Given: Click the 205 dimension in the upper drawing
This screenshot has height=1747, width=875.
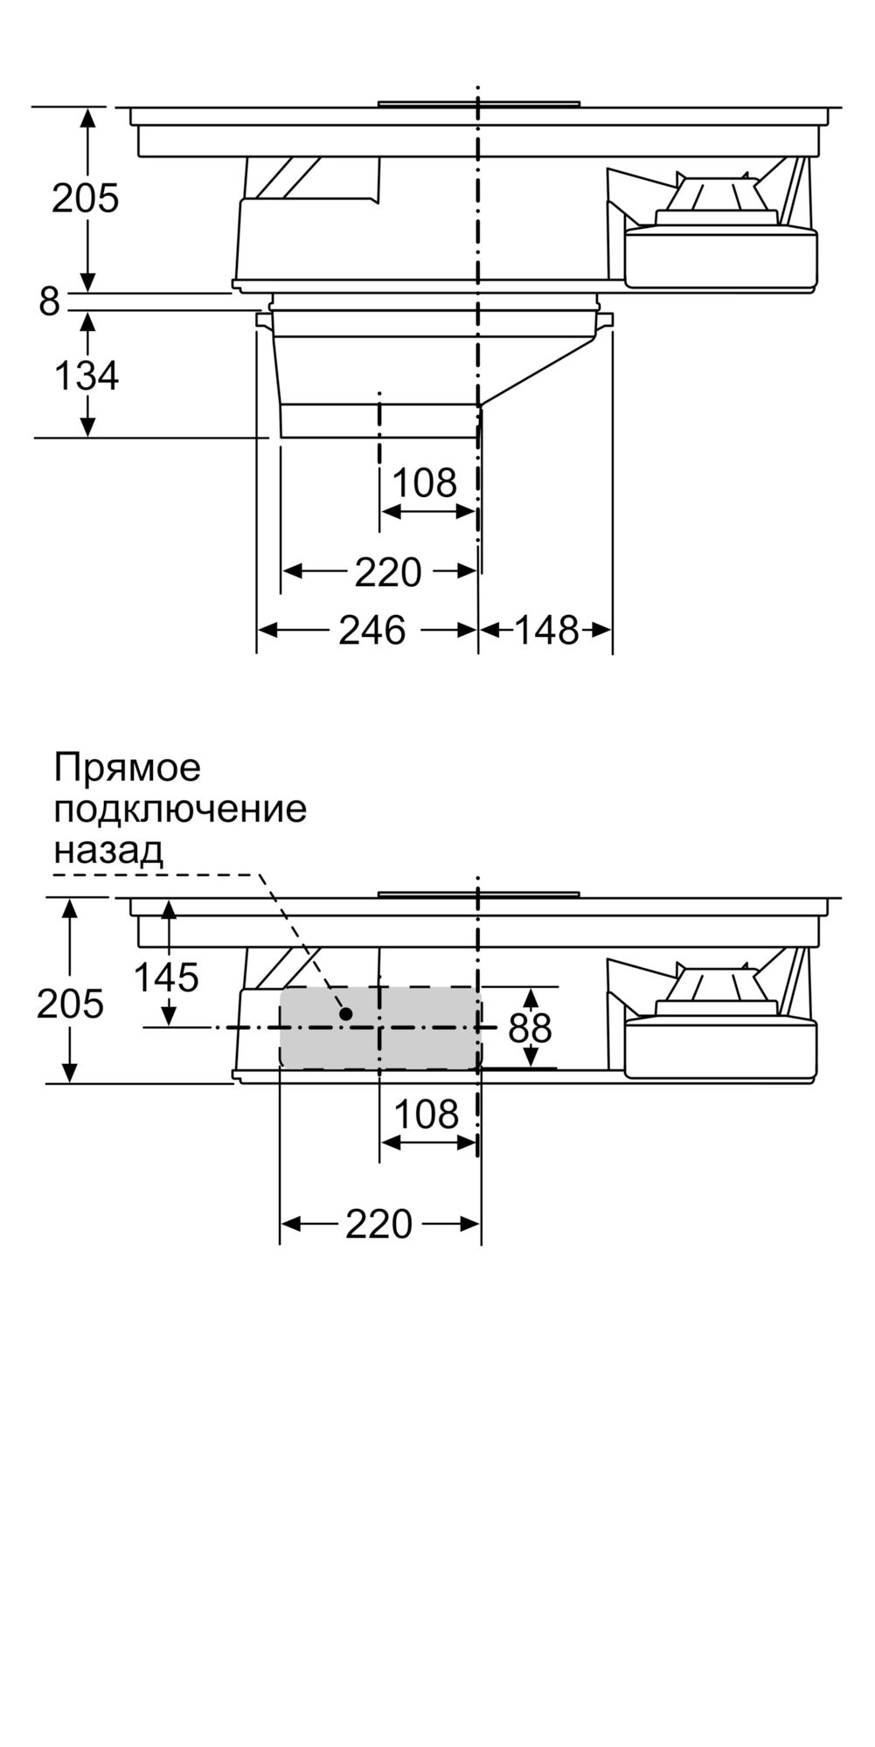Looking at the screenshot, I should click(x=85, y=198).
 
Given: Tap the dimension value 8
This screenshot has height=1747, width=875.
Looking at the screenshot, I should click(x=49, y=301).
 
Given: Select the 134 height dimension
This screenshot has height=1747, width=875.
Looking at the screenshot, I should click(x=86, y=376).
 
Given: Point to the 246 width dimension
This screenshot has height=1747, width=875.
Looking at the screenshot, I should click(x=372, y=630).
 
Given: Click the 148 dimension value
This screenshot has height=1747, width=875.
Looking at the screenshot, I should click(x=546, y=630).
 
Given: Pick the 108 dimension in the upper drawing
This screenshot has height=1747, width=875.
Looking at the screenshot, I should click(x=424, y=482).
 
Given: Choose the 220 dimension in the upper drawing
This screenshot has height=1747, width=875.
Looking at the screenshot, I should click(x=388, y=572).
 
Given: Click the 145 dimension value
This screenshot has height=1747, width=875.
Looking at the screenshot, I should click(x=166, y=977).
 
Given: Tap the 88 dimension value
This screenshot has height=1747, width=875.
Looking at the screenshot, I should click(x=531, y=1028).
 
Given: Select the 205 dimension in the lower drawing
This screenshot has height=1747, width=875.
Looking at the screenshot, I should click(x=70, y=1004).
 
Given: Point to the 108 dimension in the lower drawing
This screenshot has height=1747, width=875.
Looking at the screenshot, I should click(x=426, y=1114).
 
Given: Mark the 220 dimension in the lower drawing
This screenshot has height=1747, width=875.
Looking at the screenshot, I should click(x=378, y=1225).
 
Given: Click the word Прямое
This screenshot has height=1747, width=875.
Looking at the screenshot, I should click(x=128, y=768).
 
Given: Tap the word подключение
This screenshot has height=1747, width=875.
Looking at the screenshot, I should click(x=180, y=809).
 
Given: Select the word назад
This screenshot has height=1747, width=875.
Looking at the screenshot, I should click(x=108, y=849).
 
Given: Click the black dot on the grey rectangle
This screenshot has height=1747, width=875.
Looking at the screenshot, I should click(x=346, y=1013).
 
